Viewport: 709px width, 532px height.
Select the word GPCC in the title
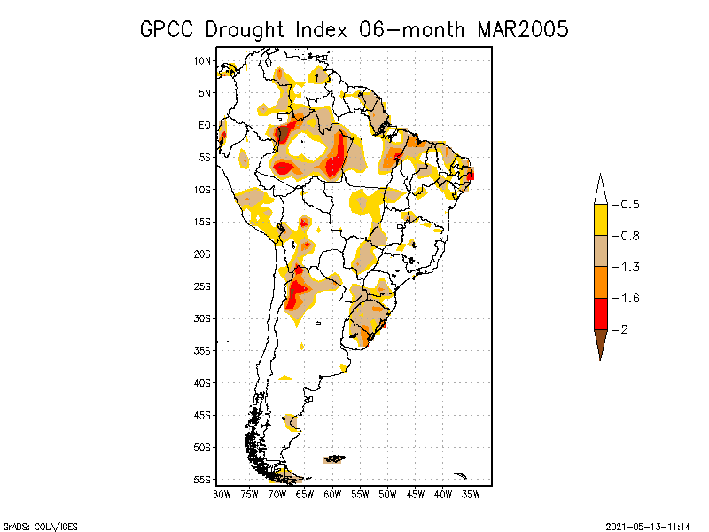click(x=168, y=29)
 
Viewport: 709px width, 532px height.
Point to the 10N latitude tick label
click(x=203, y=60)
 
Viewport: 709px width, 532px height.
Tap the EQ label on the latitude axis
click(x=205, y=125)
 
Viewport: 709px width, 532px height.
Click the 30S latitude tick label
click(x=203, y=318)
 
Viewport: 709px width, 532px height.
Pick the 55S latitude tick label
click(x=203, y=480)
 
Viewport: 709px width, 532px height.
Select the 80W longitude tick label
click(x=222, y=494)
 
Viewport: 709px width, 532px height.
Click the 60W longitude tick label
click(x=332, y=494)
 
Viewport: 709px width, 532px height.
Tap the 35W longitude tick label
click(x=471, y=494)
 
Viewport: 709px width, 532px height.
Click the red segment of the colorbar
click(x=601, y=314)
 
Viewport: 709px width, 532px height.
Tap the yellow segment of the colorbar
click(x=601, y=220)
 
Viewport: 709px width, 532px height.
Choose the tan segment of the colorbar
click(x=601, y=251)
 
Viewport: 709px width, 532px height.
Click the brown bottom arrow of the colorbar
click(x=601, y=341)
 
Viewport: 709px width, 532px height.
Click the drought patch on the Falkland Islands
click(x=334, y=458)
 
